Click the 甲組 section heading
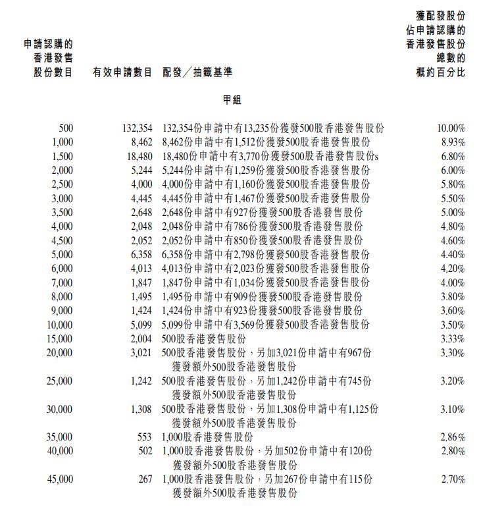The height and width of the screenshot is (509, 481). pos(232,99)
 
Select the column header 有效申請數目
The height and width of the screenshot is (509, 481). pos(123,72)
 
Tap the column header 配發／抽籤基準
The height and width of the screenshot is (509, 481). pos(197,72)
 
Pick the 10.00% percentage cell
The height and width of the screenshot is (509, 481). pos(451,128)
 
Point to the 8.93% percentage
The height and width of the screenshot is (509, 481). pos(453,142)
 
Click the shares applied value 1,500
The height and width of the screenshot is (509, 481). pos(62,156)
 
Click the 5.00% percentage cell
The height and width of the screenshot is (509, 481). pos(453,213)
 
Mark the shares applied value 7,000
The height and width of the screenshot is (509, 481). pos(62,282)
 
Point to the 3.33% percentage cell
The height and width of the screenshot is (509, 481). pos(453,339)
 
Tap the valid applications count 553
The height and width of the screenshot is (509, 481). pos(145,437)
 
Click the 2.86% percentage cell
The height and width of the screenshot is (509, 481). pos(453,437)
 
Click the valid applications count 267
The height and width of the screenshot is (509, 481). pos(145,479)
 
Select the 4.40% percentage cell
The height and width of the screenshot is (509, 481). pos(453,255)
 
